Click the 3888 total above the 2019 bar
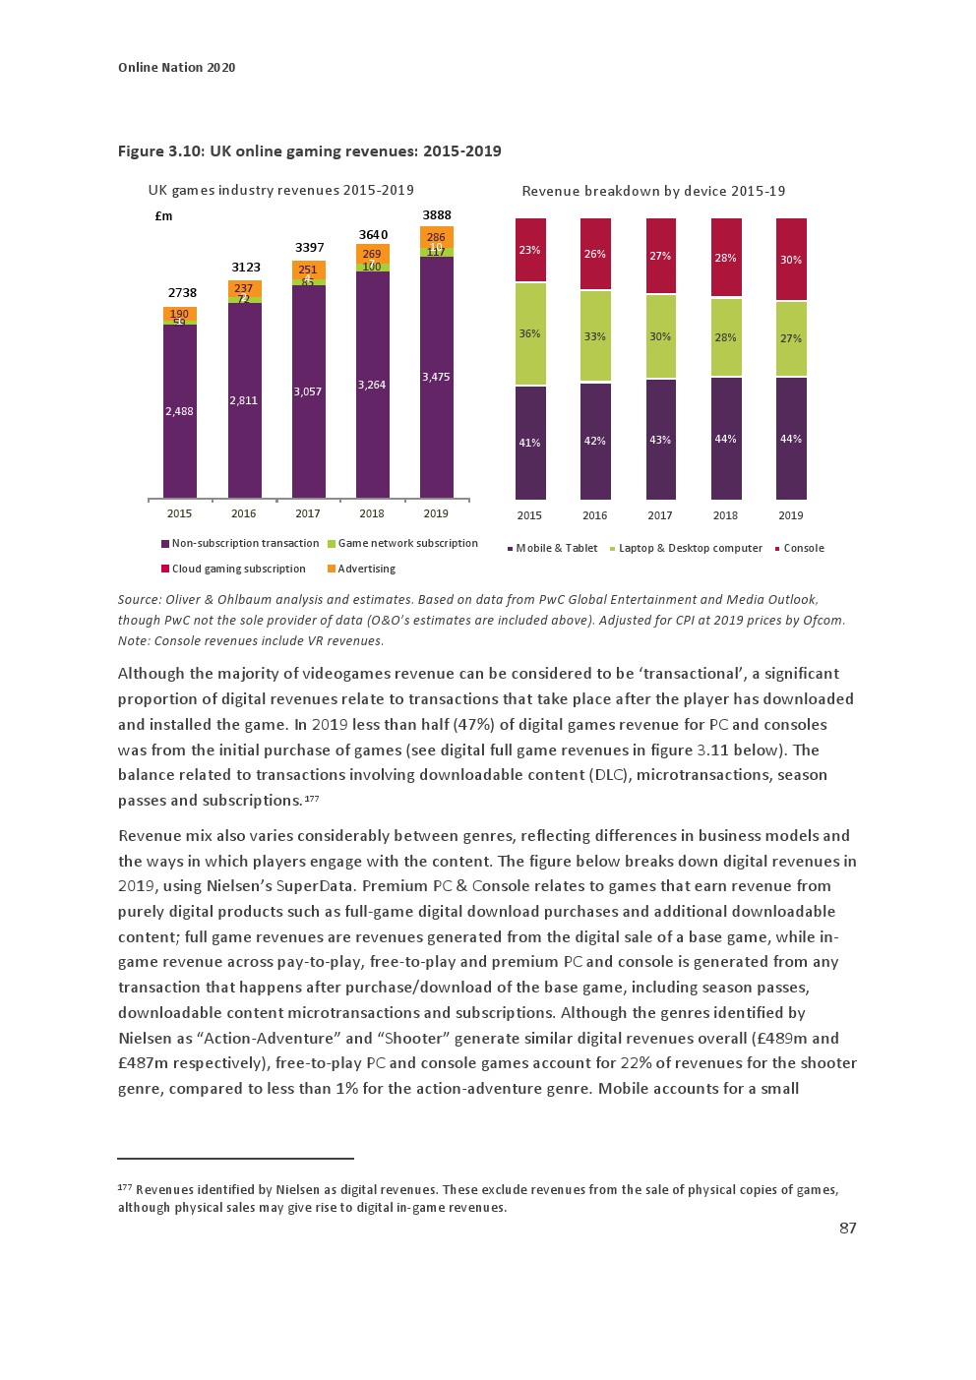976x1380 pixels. pyautogui.click(x=436, y=215)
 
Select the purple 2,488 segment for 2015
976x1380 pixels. pyautogui.click(x=179, y=411)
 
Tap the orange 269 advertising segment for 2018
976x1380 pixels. pyautogui.click(x=372, y=254)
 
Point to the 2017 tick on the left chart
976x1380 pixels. pyautogui.click(x=307, y=513)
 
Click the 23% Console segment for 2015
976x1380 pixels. pyautogui.click(x=529, y=250)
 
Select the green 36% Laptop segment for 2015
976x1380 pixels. pyautogui.click(x=529, y=333)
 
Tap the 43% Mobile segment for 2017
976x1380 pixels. pyautogui.click(x=660, y=440)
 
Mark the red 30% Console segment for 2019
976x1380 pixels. pyautogui.click(x=791, y=260)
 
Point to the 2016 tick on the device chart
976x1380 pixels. pyautogui.click(x=594, y=515)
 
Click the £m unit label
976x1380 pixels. pyautogui.click(x=163, y=216)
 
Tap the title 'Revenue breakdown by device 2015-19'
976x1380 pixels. pyautogui.click(x=653, y=191)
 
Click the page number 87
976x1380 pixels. pyautogui.click(x=847, y=1228)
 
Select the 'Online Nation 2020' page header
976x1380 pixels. pyautogui.click(x=176, y=67)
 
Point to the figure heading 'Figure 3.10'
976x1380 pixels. pyautogui.click(x=309, y=150)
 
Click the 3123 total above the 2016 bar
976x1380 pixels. pyautogui.click(x=246, y=268)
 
